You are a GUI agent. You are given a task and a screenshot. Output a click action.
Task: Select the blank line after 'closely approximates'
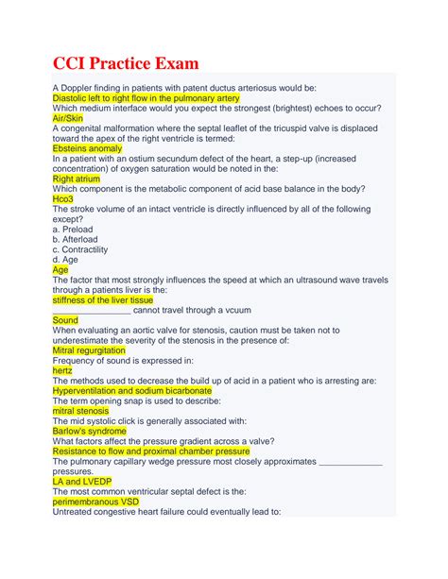click(x=352, y=461)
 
